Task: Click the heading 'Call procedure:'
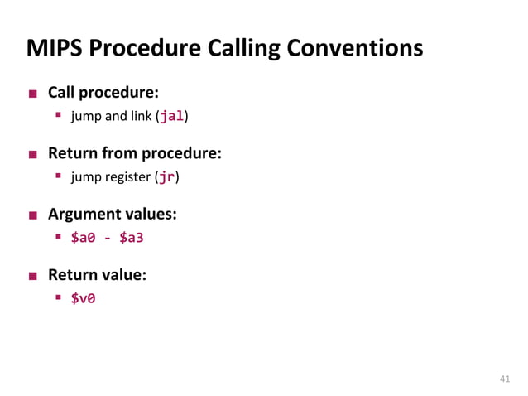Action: [x=103, y=92]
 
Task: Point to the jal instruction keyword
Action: [x=171, y=116]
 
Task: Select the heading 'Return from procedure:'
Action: [x=134, y=153]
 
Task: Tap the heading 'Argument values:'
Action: [x=112, y=214]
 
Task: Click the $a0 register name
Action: [x=82, y=238]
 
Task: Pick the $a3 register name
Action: [x=132, y=238]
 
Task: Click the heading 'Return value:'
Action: [x=97, y=274]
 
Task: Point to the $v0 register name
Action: [x=82, y=298]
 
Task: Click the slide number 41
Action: [x=504, y=379]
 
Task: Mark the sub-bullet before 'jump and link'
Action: [x=60, y=116]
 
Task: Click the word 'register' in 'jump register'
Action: [x=128, y=177]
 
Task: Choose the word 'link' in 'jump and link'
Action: [x=139, y=116]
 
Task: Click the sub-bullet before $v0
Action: [x=60, y=298]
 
